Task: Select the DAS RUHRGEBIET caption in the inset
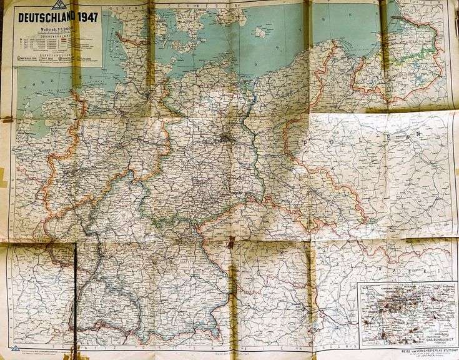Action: (x=436, y=338)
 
